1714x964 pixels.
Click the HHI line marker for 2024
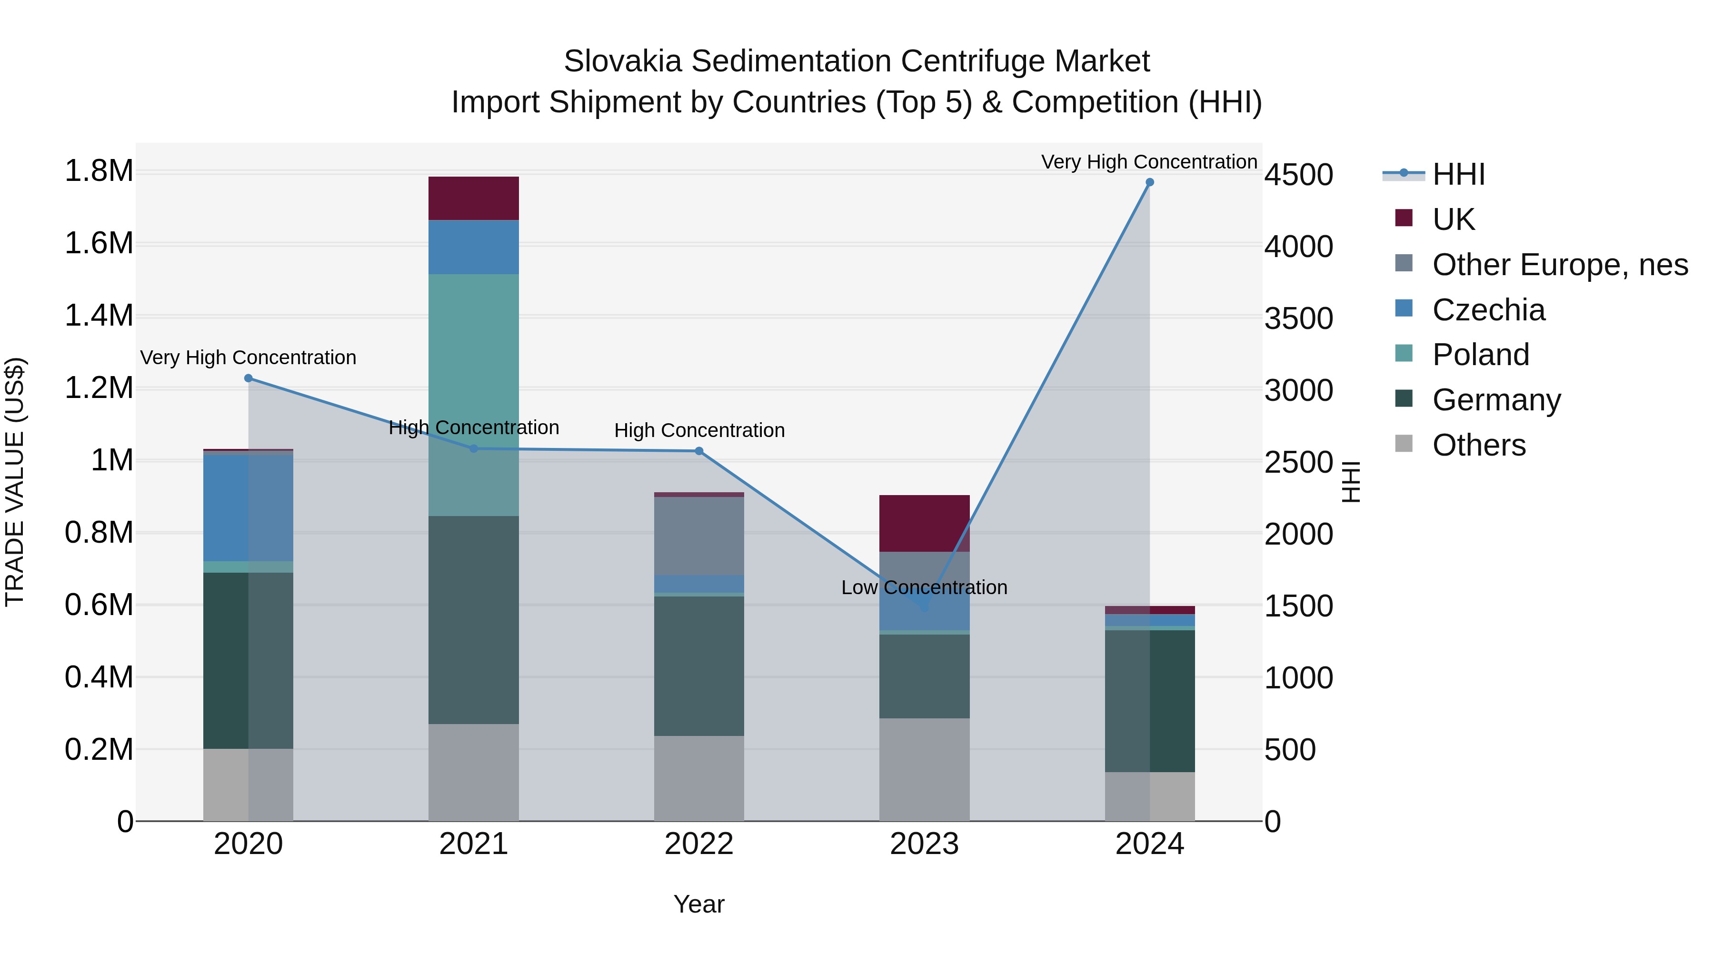1149,182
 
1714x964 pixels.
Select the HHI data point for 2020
248,378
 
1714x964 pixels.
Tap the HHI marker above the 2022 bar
698,451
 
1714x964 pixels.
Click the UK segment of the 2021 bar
473,198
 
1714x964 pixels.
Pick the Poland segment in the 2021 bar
473,395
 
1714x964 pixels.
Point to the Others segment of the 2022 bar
698,778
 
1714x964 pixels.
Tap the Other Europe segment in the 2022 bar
698,536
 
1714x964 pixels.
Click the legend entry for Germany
1496,400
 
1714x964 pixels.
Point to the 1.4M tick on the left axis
99,315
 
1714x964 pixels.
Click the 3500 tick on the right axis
1298,318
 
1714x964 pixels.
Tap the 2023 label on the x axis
924,844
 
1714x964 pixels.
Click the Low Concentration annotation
924,587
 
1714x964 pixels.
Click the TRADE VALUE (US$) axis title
15,482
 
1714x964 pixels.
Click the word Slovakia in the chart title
622,61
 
